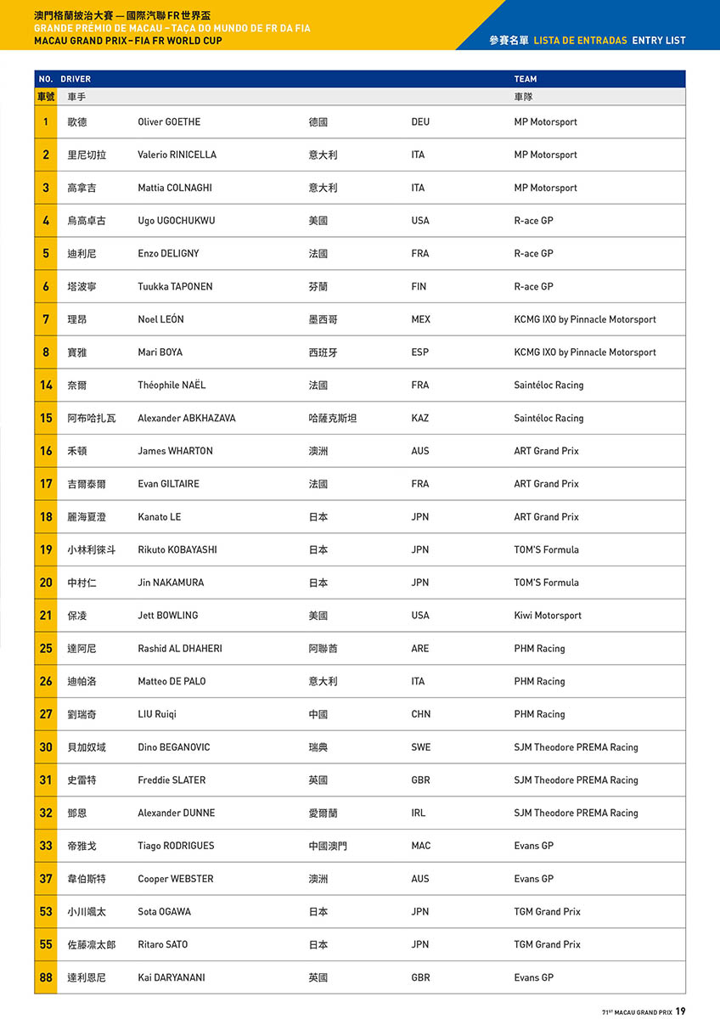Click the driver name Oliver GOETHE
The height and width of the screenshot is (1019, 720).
(x=169, y=122)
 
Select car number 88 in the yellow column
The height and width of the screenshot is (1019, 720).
(x=46, y=977)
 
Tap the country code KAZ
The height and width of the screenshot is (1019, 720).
(x=419, y=419)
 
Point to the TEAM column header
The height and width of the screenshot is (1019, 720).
(x=525, y=79)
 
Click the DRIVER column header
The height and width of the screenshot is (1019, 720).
(x=76, y=79)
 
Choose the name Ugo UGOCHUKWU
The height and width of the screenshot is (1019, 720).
(x=176, y=221)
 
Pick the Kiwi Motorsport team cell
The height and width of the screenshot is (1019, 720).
(x=548, y=616)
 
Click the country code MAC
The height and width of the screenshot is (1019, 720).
(x=420, y=846)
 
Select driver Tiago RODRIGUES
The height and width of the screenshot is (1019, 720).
(x=176, y=846)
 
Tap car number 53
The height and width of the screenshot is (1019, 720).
(x=46, y=912)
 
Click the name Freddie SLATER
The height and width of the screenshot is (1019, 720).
(x=172, y=780)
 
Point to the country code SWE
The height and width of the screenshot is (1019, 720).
(x=420, y=747)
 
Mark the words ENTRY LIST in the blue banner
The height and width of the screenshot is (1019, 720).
(x=658, y=41)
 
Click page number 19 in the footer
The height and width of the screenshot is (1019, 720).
(x=681, y=1011)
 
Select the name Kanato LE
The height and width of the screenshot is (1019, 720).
(x=159, y=517)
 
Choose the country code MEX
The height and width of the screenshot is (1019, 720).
(x=420, y=320)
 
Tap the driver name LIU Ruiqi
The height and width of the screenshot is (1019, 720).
(x=157, y=714)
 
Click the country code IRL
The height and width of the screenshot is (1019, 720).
(x=419, y=814)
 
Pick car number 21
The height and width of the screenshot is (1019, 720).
(x=46, y=616)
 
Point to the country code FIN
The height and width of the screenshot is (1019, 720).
(x=419, y=287)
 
